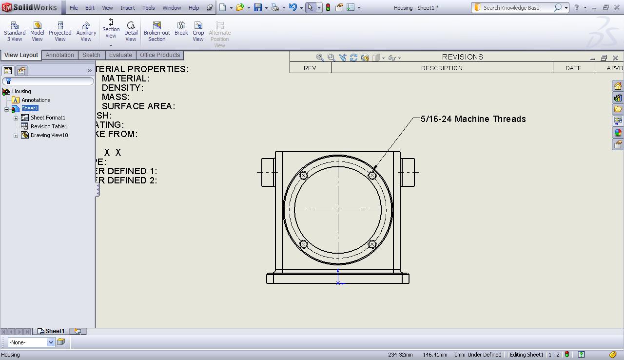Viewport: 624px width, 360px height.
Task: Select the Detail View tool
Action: [131, 31]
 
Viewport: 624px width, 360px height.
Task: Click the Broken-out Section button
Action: [156, 31]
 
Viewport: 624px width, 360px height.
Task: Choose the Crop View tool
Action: [198, 31]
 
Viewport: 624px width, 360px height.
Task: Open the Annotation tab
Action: [60, 55]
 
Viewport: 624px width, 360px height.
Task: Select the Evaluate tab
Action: [120, 55]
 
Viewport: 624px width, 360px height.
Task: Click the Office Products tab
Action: [160, 55]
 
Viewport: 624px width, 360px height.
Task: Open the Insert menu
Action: [128, 8]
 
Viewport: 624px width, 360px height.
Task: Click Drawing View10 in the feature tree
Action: [49, 135]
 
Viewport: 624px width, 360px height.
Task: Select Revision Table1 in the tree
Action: [49, 126]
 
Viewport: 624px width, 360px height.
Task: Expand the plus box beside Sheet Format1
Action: [16, 118]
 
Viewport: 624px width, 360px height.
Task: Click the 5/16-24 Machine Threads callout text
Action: [473, 119]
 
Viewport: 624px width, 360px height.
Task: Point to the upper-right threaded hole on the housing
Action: [372, 176]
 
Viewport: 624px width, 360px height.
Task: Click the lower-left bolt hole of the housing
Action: [303, 244]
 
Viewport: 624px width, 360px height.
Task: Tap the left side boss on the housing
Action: [268, 172]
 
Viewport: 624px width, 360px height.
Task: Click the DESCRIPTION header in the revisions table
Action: [442, 68]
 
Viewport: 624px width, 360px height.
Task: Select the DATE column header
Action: [573, 68]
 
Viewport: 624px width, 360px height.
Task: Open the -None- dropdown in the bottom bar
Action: [50, 342]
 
